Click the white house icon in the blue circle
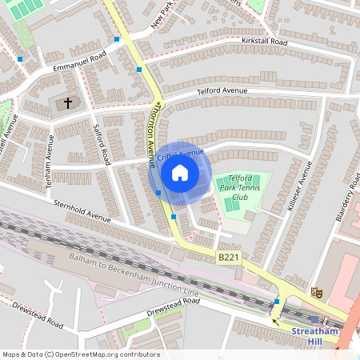click(180, 172)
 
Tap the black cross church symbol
click(68, 103)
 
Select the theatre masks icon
click(318, 293)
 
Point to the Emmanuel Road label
click(79, 63)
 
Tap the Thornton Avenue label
click(150, 133)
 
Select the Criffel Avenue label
click(181, 154)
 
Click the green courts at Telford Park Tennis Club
click(232, 204)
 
